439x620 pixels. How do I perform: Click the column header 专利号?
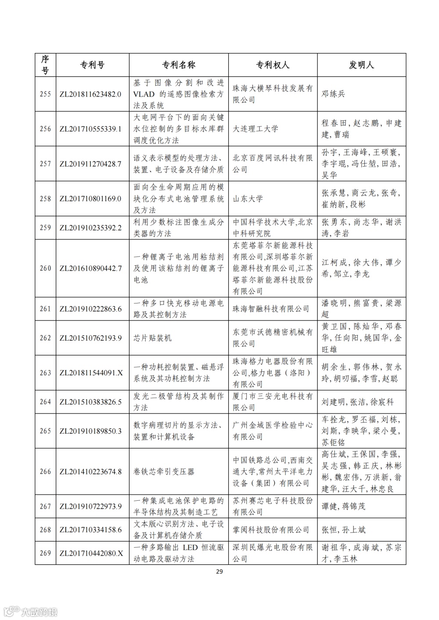[x=92, y=65]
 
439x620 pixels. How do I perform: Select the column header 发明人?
[x=361, y=65]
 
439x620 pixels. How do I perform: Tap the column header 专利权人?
[x=273, y=65]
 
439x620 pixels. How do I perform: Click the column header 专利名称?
[x=179, y=65]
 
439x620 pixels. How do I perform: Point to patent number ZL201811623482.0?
[x=90, y=94]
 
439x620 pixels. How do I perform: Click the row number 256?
[x=45, y=129]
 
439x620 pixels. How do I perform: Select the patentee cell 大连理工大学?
[x=255, y=129]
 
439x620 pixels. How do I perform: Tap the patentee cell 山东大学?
[x=248, y=199]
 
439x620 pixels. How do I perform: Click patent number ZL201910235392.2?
[x=90, y=228]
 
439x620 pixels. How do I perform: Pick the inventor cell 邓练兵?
[x=333, y=94]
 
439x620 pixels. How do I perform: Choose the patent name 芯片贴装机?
[x=152, y=338]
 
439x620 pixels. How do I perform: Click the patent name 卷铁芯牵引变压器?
[x=164, y=472]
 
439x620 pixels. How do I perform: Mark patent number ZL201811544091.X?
[x=91, y=373]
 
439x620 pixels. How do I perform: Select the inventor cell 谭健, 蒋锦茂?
[x=343, y=506]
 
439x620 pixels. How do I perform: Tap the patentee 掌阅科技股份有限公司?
[x=271, y=530]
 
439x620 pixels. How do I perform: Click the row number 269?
[x=45, y=553]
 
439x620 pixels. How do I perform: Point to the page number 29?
[x=220, y=571]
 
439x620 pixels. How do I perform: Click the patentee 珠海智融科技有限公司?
[x=271, y=309]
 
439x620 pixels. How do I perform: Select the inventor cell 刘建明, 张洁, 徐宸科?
[x=357, y=402]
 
